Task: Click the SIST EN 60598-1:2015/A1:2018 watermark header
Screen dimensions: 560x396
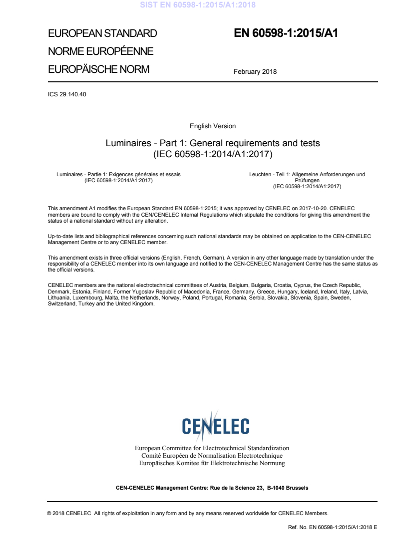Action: (198, 5)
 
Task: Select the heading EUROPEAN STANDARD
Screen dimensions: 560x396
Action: (102, 34)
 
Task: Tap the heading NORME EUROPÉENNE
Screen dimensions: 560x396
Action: (100, 51)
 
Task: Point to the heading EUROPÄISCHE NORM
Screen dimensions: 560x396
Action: (98, 69)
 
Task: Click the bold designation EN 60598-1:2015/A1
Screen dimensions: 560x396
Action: (286, 33)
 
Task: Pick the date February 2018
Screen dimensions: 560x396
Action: (255, 72)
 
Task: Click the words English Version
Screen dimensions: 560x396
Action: (213, 126)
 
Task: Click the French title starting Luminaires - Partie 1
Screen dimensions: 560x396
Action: (119, 174)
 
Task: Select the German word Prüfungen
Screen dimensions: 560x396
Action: (307, 180)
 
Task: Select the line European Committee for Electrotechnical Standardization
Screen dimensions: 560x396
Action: (212, 448)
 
